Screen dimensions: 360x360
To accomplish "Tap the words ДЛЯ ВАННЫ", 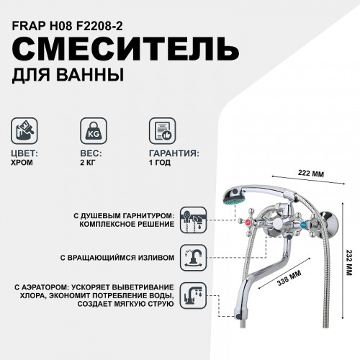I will pyautogui.click(x=68, y=74).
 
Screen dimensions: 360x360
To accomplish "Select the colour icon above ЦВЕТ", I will pyautogui.click(x=27, y=132).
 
